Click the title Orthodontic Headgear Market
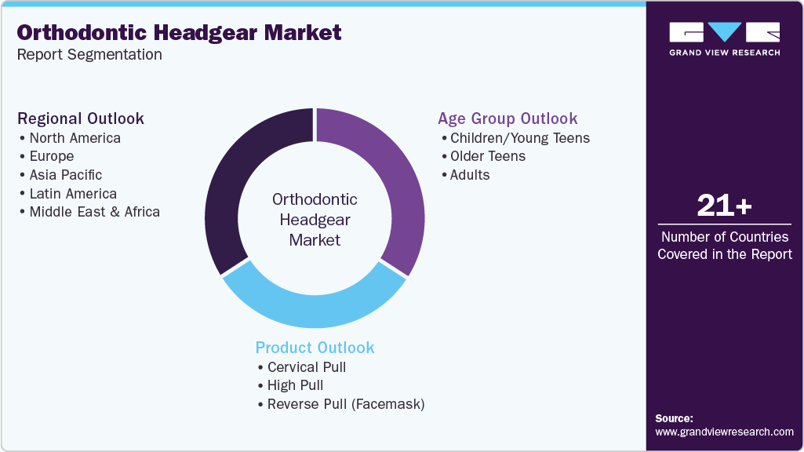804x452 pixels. [180, 32]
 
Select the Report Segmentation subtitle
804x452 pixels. [89, 55]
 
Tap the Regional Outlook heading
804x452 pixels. [81, 118]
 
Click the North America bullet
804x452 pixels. [75, 138]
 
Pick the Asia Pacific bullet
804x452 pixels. [66, 175]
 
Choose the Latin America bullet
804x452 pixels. [73, 194]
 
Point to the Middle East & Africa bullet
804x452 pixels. [94, 212]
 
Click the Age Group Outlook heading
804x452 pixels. [508, 118]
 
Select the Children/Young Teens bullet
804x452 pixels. [519, 138]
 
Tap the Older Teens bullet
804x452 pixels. [488, 156]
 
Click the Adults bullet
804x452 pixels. [470, 175]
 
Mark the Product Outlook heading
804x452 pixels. [315, 348]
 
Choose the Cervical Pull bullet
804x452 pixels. [307, 367]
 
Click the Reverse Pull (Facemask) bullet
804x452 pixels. [346, 405]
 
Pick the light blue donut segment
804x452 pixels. [314, 310]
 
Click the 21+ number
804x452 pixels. [724, 206]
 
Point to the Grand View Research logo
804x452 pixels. [724, 38]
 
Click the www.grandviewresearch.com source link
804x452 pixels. [724, 432]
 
